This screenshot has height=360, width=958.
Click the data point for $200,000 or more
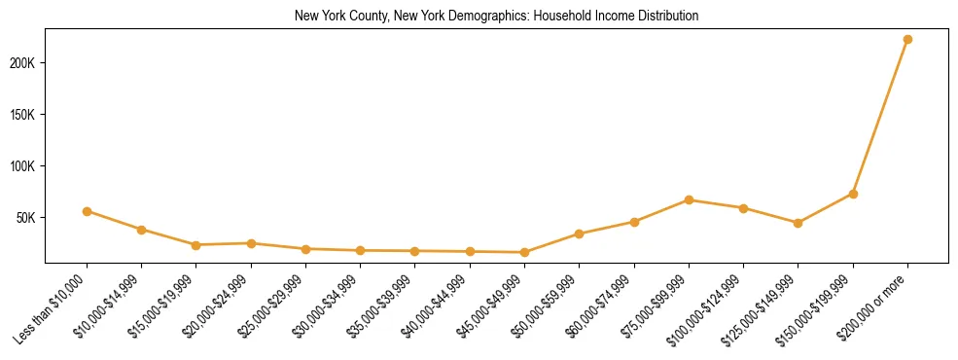pyautogui.click(x=907, y=40)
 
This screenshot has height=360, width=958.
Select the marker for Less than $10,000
pyautogui.click(x=87, y=211)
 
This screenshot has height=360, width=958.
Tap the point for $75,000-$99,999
pyautogui.click(x=689, y=200)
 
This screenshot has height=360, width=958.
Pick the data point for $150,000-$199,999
pyautogui.click(x=853, y=194)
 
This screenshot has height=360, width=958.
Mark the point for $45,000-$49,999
pyautogui.click(x=524, y=253)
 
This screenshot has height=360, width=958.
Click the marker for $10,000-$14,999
pyautogui.click(x=142, y=230)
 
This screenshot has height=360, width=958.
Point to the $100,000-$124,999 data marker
pyautogui.click(x=743, y=208)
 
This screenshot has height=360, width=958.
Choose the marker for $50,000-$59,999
pyautogui.click(x=579, y=234)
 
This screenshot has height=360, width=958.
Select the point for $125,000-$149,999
pyautogui.click(x=798, y=223)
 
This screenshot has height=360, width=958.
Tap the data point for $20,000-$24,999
pyautogui.click(x=251, y=243)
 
